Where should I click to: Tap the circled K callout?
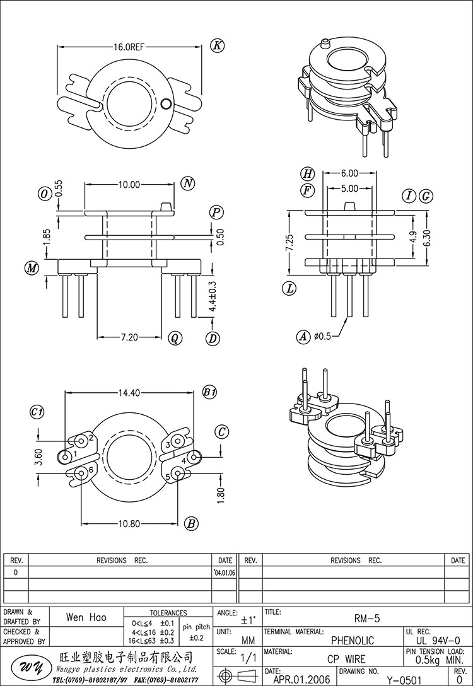[x=217, y=45]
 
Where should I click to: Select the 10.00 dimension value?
[x=129, y=185]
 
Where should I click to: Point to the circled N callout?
[x=187, y=183]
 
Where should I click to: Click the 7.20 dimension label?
[x=129, y=338]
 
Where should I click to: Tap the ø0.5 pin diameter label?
[x=323, y=337]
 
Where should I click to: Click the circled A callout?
[x=304, y=337]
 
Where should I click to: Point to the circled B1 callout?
[x=209, y=392]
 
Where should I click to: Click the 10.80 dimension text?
[x=129, y=523]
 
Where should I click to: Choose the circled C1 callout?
[x=37, y=412]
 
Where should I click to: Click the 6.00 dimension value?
[x=349, y=173]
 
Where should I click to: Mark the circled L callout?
[x=289, y=289]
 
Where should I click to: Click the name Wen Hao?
[x=86, y=618]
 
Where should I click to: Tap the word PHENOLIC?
[x=352, y=641]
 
